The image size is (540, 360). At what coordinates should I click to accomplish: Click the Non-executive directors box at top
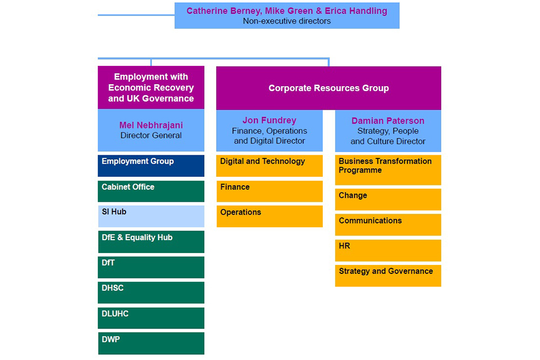pos(287,16)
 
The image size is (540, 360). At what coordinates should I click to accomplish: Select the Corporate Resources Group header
pos(328,88)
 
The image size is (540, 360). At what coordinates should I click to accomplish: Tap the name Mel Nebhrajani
pos(151,125)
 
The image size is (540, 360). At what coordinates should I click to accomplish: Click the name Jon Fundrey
pos(269,120)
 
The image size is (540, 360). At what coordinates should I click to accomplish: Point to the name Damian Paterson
pos(388,121)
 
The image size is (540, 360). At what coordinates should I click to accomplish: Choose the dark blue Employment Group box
pos(151,166)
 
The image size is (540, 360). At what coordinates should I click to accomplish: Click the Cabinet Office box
pos(151,191)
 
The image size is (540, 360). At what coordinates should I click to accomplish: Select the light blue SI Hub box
pos(151,217)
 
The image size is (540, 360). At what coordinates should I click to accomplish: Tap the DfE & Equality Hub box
pos(151,242)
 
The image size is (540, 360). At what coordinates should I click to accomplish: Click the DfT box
pos(151,267)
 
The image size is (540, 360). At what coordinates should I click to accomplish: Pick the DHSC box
pos(151,292)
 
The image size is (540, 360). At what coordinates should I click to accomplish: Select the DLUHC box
pos(151,318)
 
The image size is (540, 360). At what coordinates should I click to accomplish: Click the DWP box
pos(151,343)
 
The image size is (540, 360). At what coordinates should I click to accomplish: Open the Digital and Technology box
pos(269,166)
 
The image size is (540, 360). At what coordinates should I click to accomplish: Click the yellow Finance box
pos(269,191)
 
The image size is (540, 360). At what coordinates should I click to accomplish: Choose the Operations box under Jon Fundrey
pos(269,217)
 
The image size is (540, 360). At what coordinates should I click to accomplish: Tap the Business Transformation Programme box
pos(388,170)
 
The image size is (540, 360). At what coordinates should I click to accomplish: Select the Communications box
pos(388,224)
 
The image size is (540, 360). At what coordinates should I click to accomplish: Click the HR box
pos(388,250)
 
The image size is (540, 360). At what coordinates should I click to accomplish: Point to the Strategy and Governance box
pos(388,276)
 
